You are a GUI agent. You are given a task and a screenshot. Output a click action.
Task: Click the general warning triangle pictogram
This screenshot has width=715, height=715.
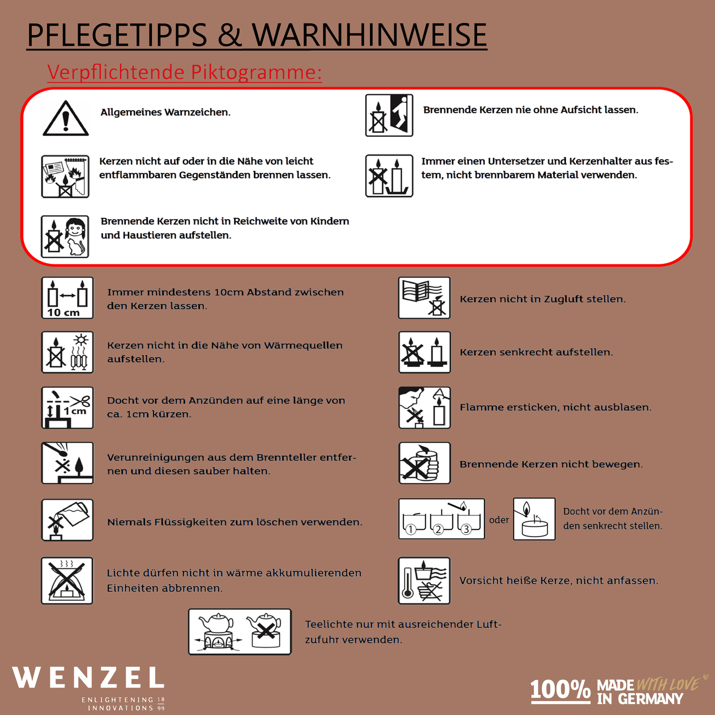click(65, 119)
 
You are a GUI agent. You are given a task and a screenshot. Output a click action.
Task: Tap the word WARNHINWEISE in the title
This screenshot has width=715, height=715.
click(369, 35)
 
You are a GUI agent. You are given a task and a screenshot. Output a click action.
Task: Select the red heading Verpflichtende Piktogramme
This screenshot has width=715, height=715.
click(185, 72)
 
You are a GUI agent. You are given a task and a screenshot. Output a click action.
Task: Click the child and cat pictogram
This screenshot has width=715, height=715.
click(65, 237)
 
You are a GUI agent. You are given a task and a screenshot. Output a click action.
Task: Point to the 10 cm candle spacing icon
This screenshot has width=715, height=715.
click(67, 298)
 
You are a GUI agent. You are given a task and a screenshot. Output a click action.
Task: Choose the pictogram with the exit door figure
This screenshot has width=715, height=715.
click(389, 115)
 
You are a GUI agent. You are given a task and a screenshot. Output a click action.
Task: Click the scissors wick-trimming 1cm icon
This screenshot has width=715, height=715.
click(67, 408)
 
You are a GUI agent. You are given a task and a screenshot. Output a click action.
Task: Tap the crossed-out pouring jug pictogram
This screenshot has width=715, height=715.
click(67, 520)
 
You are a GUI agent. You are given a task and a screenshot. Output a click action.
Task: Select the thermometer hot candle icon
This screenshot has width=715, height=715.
click(424, 580)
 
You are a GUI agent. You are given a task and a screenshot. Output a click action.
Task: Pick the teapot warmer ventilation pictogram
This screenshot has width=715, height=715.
click(240, 632)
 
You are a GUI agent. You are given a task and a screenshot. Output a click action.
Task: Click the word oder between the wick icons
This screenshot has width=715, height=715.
click(499, 520)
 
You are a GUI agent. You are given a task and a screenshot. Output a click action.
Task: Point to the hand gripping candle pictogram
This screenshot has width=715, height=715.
click(425, 463)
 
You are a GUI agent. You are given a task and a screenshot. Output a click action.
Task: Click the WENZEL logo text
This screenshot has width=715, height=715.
click(88, 678)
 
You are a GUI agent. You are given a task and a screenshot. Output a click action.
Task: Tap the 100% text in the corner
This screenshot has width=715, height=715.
click(560, 690)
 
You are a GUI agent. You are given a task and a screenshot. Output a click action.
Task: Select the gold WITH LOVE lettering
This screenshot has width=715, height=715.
click(667, 685)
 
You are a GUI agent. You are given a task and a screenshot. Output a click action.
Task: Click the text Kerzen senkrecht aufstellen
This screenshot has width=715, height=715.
click(536, 352)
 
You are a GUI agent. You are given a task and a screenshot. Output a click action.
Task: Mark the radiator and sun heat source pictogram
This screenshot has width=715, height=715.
click(67, 352)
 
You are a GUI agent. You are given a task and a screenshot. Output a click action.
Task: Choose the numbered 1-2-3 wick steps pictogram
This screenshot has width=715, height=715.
click(441, 519)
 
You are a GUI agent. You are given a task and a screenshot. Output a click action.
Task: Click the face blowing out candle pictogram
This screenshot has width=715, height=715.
click(425, 408)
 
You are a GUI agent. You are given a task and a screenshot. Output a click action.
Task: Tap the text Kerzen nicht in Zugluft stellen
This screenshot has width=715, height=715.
click(542, 299)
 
